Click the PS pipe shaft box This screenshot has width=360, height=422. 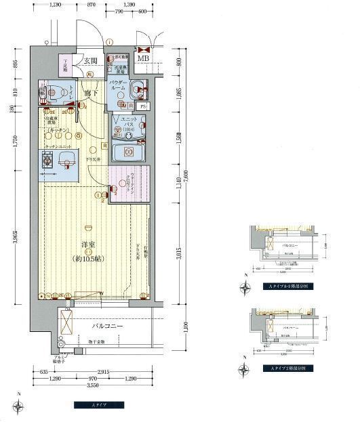[x=142, y=106]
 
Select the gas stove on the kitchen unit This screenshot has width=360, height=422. [x=49, y=161]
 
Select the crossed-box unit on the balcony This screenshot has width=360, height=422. [x=67, y=320]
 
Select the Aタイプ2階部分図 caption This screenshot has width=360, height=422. [x=283, y=368]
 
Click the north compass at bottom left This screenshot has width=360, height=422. [x=22, y=406]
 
